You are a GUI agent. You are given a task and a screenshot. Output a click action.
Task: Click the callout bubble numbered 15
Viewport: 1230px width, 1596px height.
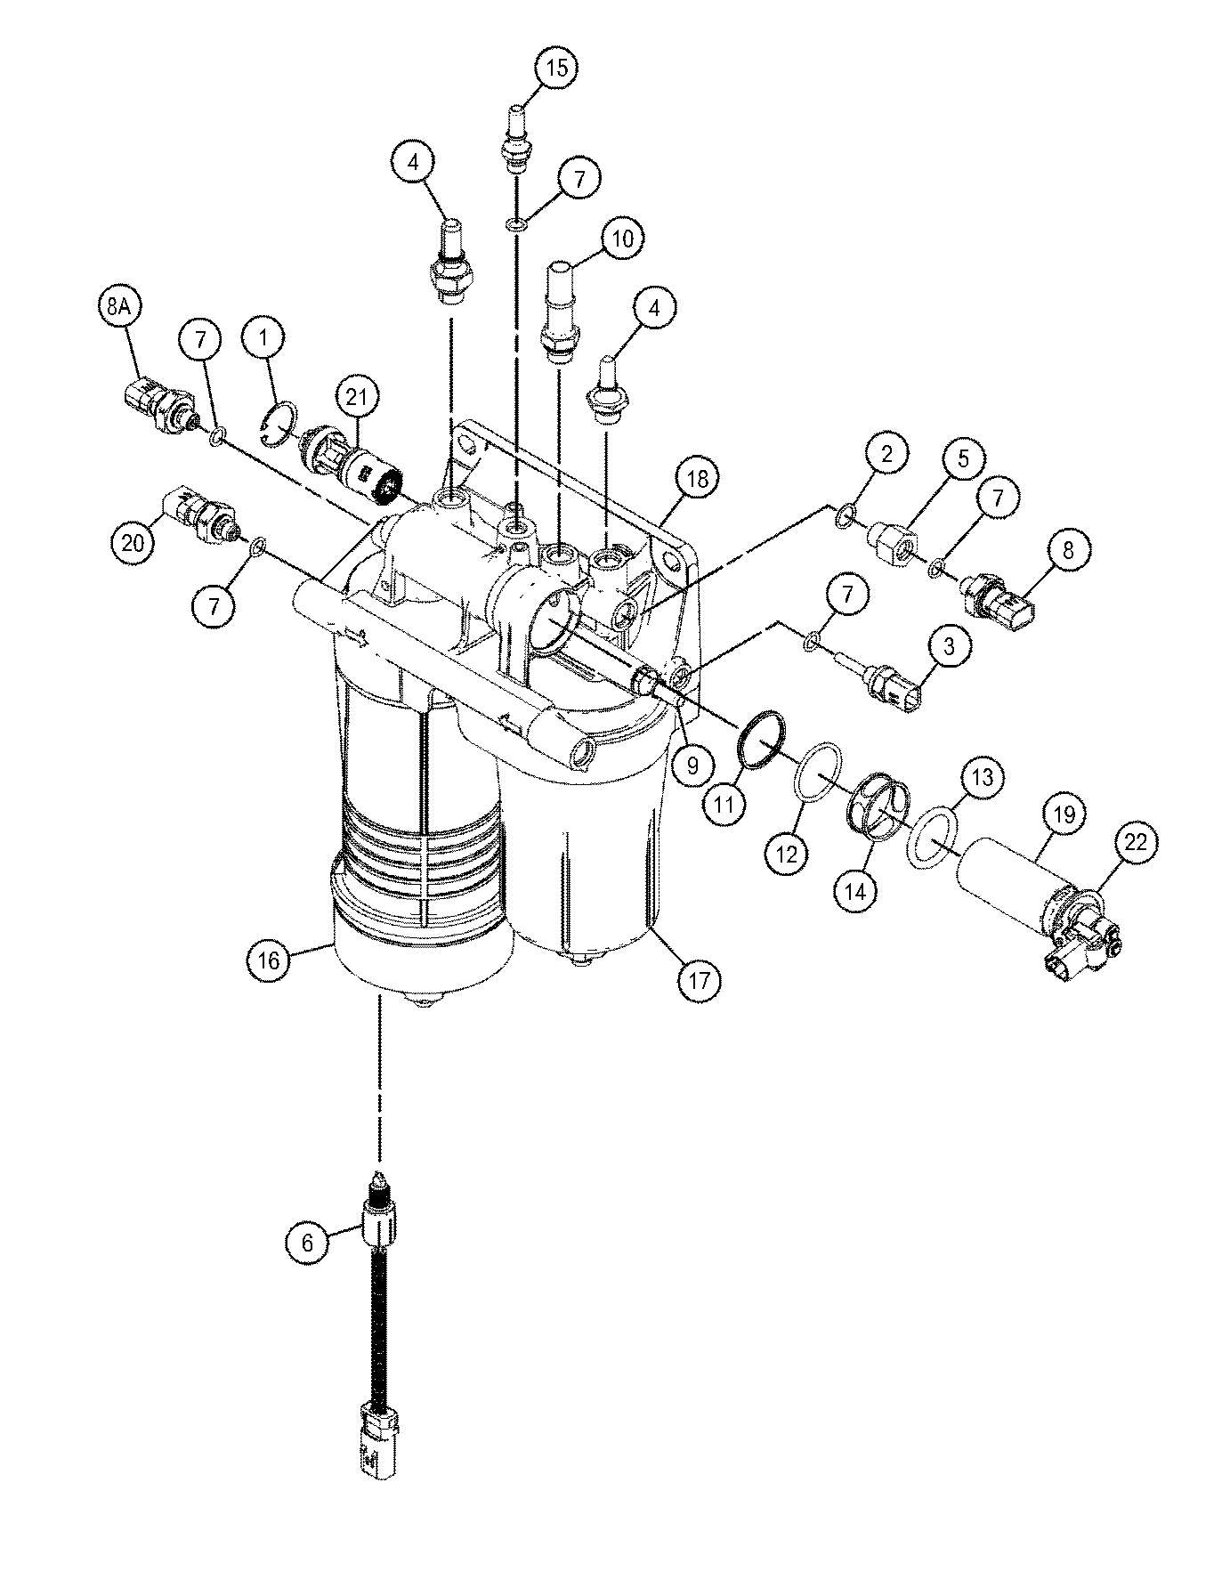(556, 69)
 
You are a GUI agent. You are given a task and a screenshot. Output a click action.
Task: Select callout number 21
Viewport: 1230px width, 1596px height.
(357, 401)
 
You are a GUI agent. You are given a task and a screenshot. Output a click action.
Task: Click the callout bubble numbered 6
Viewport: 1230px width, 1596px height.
(308, 1243)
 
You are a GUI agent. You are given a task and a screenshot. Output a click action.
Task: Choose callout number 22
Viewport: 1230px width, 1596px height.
(1137, 843)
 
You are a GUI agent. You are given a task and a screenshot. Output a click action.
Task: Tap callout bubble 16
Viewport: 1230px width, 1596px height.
(270, 960)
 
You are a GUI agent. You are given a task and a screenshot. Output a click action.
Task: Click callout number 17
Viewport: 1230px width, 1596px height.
(699, 981)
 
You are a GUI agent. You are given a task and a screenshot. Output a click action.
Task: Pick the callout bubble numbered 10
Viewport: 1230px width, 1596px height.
(623, 239)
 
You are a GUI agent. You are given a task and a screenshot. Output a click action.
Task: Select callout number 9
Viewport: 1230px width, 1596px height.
(693, 763)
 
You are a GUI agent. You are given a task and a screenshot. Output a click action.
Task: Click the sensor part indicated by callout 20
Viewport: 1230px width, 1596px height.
(202, 515)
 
